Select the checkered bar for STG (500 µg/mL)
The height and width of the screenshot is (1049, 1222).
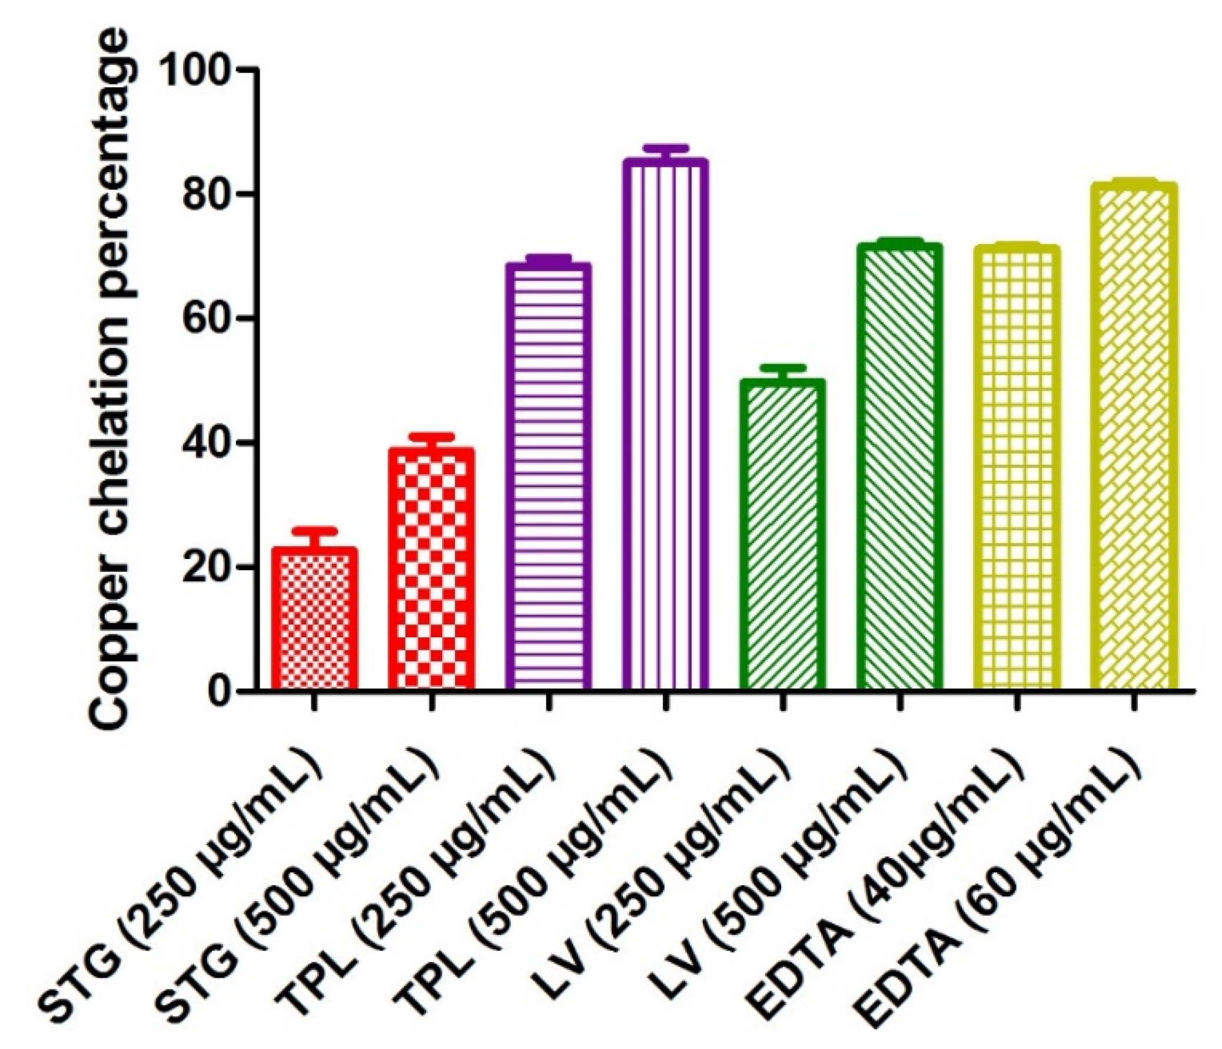coord(431,570)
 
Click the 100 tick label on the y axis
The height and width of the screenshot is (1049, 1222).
coord(200,70)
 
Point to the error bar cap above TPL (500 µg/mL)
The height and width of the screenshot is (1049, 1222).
coord(665,147)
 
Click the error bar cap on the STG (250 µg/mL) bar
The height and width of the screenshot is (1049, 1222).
coord(314,531)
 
